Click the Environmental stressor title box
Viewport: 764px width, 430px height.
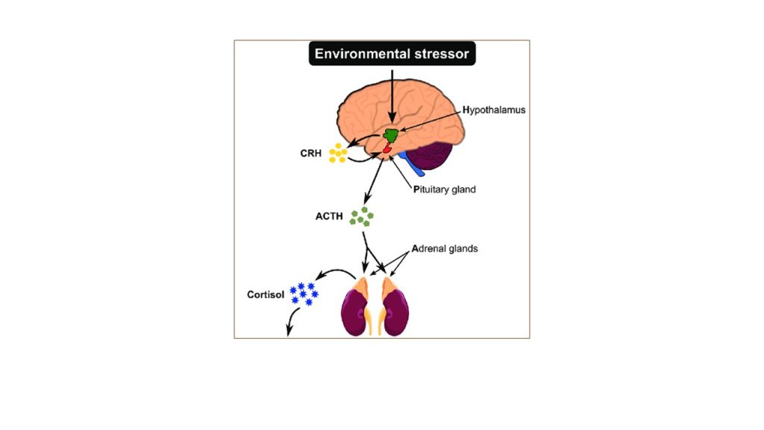[392, 54]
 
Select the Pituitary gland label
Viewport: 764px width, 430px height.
[445, 190]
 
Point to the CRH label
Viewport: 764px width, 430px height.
[311, 154]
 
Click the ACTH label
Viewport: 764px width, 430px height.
[329, 217]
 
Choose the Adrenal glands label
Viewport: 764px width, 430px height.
[445, 249]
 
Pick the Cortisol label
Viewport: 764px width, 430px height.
[266, 294]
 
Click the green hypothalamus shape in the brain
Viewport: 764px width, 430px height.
[391, 135]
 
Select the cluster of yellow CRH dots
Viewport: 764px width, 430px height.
[338, 153]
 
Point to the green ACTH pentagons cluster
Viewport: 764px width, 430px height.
[363, 217]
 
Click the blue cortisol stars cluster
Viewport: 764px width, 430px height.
[304, 293]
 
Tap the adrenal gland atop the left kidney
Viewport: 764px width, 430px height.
[363, 288]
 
